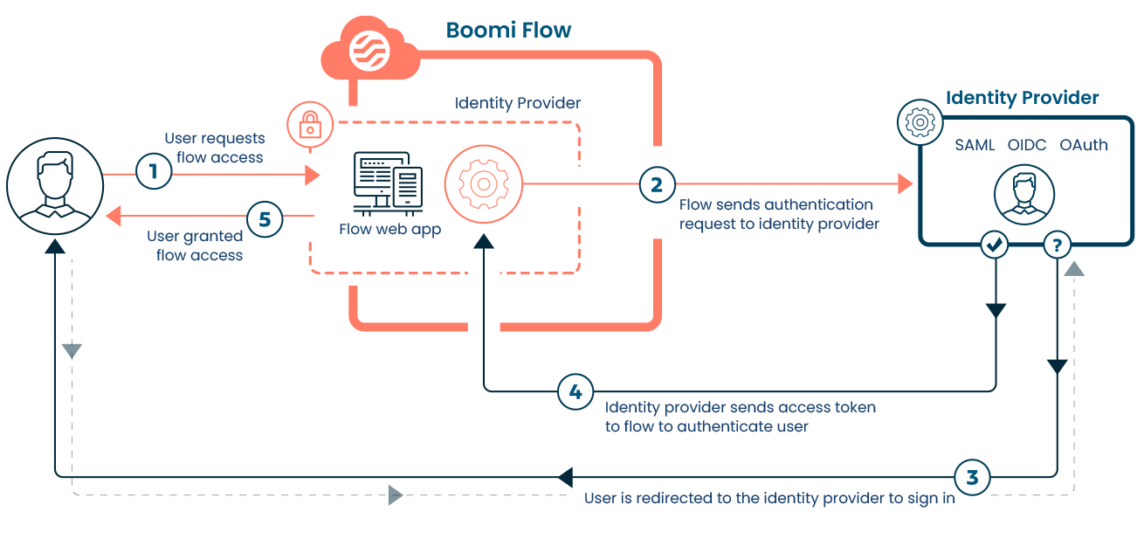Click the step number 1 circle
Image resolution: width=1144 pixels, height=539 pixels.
[154, 171]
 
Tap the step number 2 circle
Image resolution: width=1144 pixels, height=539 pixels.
[657, 184]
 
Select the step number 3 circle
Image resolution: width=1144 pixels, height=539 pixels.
[972, 477]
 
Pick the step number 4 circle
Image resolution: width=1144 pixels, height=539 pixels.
[575, 392]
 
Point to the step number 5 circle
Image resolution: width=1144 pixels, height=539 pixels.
[265, 219]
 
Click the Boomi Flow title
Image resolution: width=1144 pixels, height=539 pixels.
[508, 31]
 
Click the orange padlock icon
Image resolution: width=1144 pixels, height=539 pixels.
[307, 124]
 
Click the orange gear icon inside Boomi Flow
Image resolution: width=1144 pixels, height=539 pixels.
[483, 184]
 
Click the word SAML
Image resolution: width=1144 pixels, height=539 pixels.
[975, 145]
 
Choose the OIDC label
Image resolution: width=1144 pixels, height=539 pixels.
[1027, 145]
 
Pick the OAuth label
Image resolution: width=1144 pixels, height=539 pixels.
[1083, 145]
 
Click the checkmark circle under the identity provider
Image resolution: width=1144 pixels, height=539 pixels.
[995, 246]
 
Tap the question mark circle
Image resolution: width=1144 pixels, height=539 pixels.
[1057, 246]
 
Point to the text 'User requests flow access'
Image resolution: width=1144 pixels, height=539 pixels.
[214, 148]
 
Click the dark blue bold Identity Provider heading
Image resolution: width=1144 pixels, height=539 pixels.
[1022, 98]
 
